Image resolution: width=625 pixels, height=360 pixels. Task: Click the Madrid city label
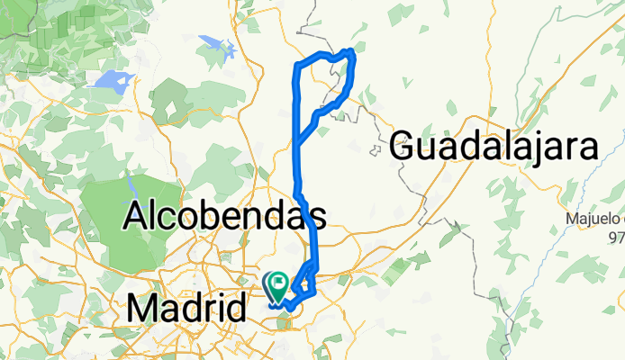[x=186, y=310]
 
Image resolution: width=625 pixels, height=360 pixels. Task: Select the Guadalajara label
[x=494, y=145]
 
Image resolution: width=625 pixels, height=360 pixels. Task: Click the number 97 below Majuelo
[x=617, y=236]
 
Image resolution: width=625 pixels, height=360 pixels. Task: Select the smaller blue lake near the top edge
[x=213, y=42]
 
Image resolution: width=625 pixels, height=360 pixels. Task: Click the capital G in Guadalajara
[x=406, y=146]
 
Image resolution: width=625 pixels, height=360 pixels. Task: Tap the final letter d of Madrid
[x=237, y=310]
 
